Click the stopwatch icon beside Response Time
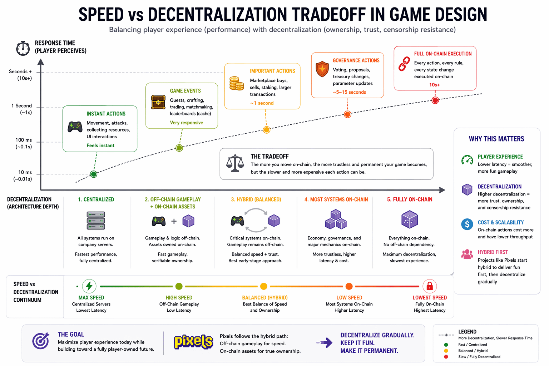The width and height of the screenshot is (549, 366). pyautogui.click(x=23, y=48)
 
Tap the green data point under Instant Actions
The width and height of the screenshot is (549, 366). pyautogui.click(x=94, y=174)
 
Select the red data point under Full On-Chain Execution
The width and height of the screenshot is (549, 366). pyautogui.click(x=435, y=100)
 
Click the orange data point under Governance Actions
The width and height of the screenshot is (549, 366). pyautogui.click(x=347, y=114)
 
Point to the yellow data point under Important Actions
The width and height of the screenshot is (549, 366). pyautogui.click(x=266, y=130)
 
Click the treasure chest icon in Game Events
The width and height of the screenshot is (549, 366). pyautogui.click(x=158, y=102)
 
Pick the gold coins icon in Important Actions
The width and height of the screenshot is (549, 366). pyautogui.click(x=237, y=83)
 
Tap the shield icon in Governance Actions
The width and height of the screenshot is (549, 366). pyautogui.click(x=322, y=69)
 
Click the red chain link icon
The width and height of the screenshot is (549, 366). pyautogui.click(x=404, y=64)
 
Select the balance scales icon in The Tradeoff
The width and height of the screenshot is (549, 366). pyautogui.click(x=235, y=163)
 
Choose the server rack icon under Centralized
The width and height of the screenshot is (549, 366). pyautogui.click(x=96, y=221)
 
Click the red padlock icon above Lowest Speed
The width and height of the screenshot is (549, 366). pyautogui.click(x=430, y=286)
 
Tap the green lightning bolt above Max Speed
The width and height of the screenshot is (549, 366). pyautogui.click(x=89, y=286)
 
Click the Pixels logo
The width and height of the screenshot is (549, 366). pyautogui.click(x=193, y=342)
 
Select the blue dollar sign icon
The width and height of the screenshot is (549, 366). pyautogui.click(x=467, y=224)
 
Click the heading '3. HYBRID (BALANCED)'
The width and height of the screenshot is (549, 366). pyautogui.click(x=256, y=199)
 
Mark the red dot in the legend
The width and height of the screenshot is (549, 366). pyautogui.click(x=446, y=357)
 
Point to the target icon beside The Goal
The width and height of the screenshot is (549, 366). pyautogui.click(x=41, y=341)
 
